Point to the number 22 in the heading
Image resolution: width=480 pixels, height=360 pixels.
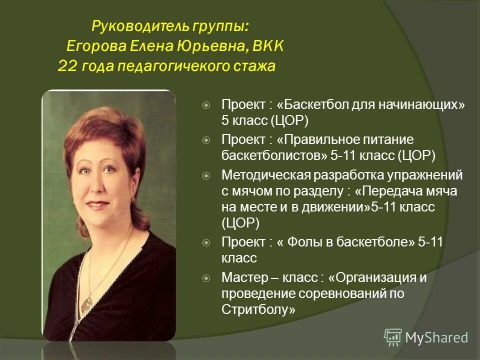[66, 66]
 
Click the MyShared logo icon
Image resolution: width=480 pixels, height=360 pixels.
[393, 337]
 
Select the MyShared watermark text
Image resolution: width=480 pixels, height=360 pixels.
[436, 337]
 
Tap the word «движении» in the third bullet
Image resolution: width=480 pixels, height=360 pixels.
[336, 207]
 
